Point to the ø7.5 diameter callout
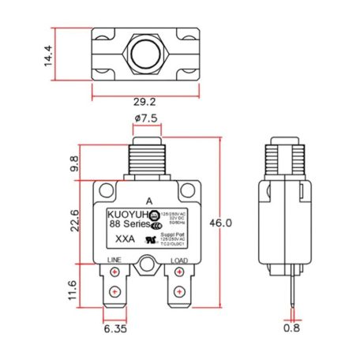point(148,118)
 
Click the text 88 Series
point(129,224)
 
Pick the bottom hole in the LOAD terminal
point(178,294)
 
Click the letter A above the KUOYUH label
point(149,201)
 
